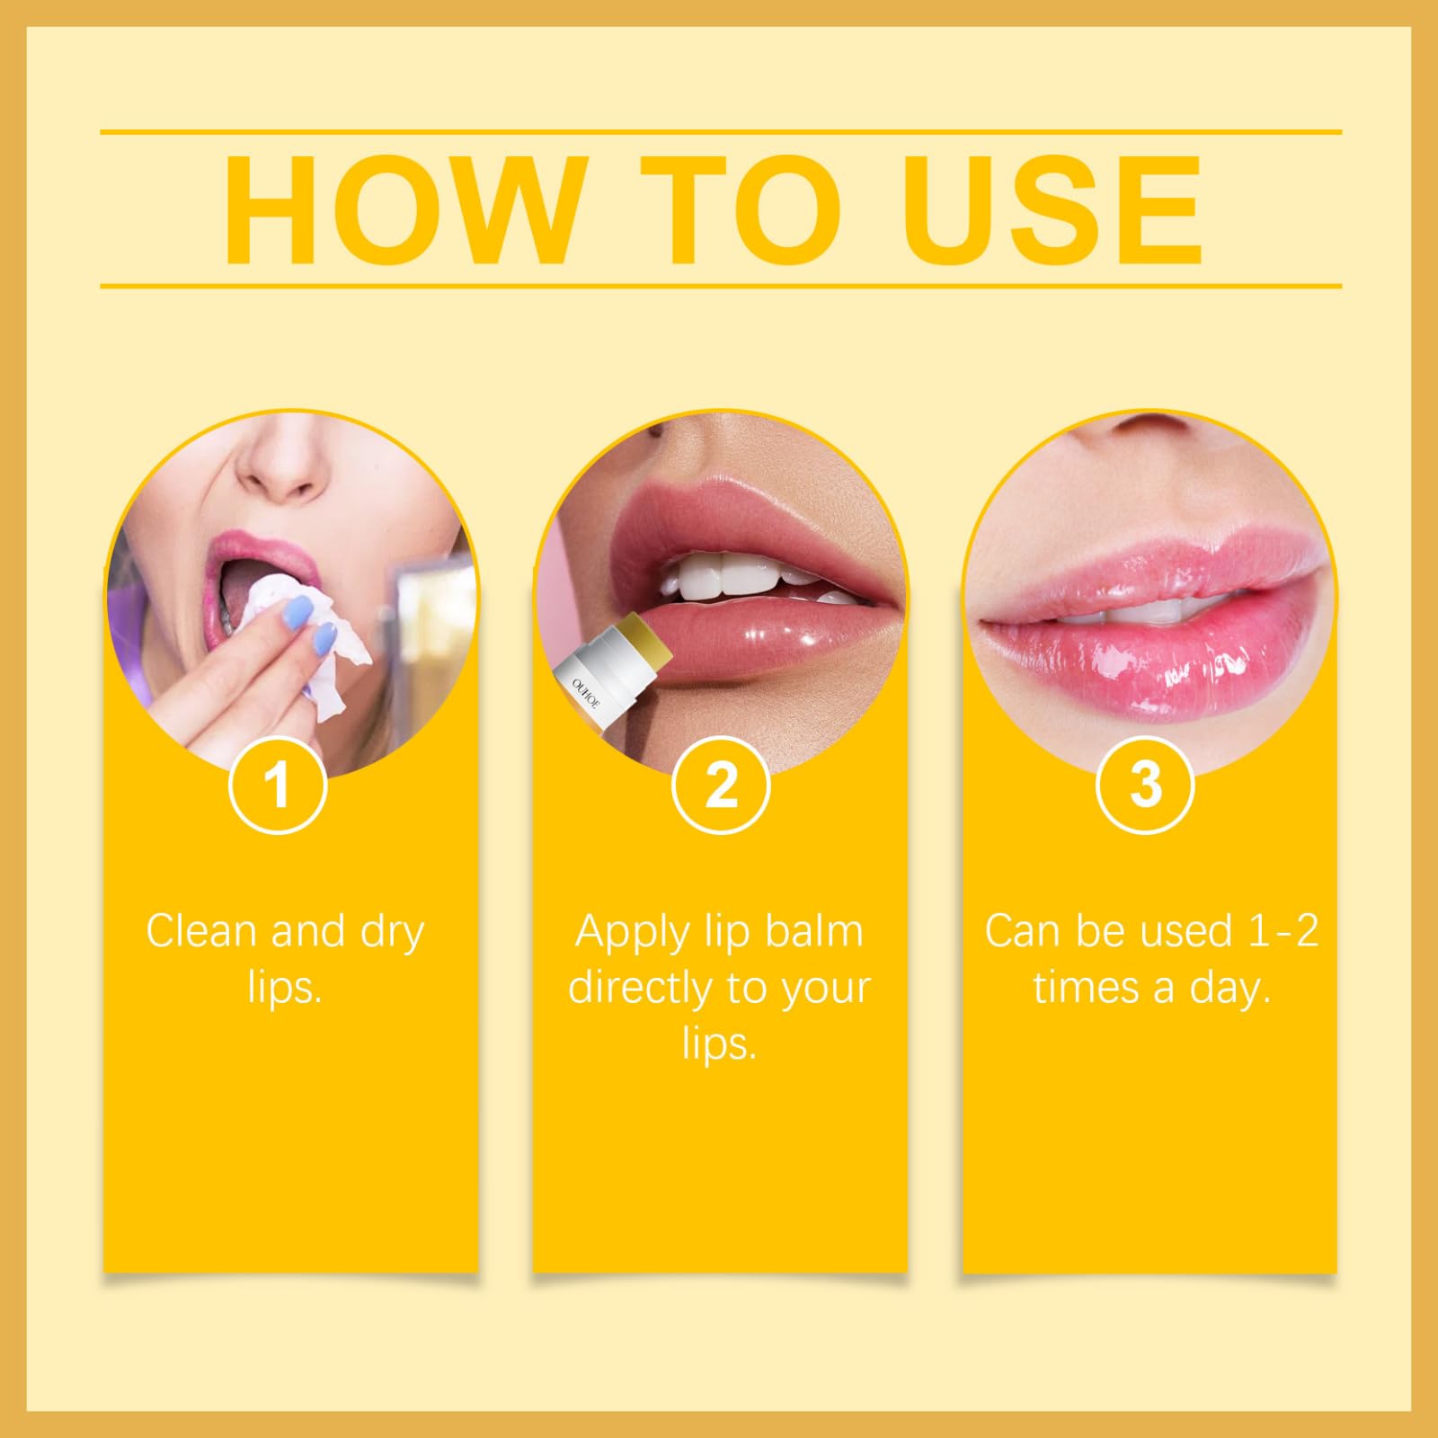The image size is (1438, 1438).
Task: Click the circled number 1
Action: (278, 785)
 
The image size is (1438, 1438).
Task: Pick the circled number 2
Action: (721, 785)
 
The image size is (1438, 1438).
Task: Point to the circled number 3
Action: (1145, 785)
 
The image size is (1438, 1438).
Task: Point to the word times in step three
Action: (1086, 988)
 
